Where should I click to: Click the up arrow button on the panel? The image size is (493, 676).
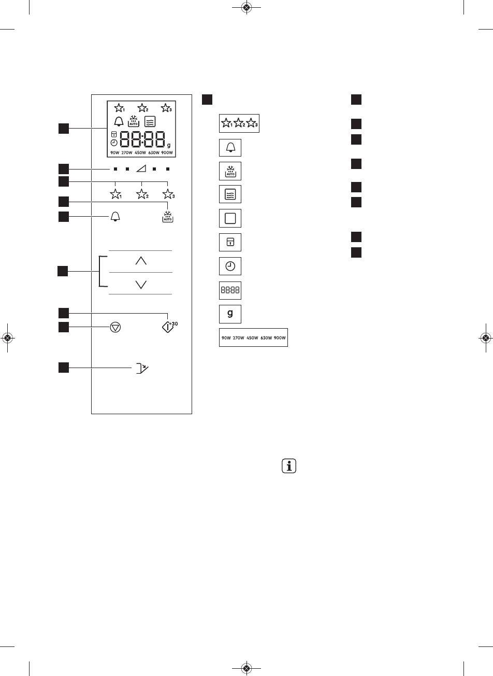click(140, 261)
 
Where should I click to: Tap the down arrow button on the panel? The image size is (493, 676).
click(140, 284)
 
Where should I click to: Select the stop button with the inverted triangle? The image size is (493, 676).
click(115, 328)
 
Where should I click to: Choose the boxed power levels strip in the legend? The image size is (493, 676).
click(253, 338)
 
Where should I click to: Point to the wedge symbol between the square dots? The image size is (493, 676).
click(140, 169)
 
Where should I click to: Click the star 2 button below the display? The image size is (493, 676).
click(142, 194)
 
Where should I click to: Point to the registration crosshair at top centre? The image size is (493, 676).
click(247, 8)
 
